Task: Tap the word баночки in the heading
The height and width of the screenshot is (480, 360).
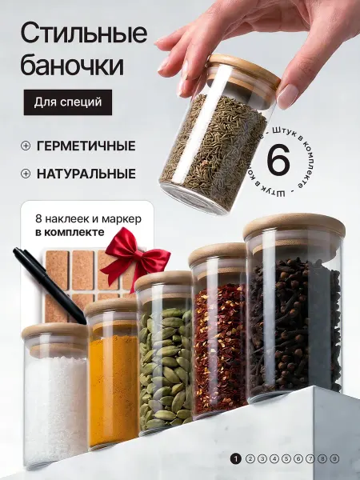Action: click(x=72, y=65)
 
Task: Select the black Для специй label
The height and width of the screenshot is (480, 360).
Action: click(x=68, y=102)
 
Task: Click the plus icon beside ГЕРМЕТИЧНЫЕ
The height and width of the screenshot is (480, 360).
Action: click(x=26, y=146)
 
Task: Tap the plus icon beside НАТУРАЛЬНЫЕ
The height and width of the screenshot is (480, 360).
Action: click(x=26, y=174)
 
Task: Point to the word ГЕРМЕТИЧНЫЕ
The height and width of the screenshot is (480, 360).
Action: click(x=86, y=146)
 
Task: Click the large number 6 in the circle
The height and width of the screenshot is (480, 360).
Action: click(x=278, y=159)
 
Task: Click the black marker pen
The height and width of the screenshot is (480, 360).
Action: click(x=50, y=286)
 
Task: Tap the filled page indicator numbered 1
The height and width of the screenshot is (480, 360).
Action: click(x=235, y=458)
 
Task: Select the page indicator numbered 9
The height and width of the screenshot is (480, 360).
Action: click(x=334, y=458)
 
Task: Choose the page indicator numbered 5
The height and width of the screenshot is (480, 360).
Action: click(x=286, y=458)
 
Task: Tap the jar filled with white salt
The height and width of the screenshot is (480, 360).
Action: click(x=55, y=397)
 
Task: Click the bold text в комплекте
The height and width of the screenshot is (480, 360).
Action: click(x=70, y=232)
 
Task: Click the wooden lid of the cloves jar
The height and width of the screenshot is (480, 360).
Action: click(x=294, y=226)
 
